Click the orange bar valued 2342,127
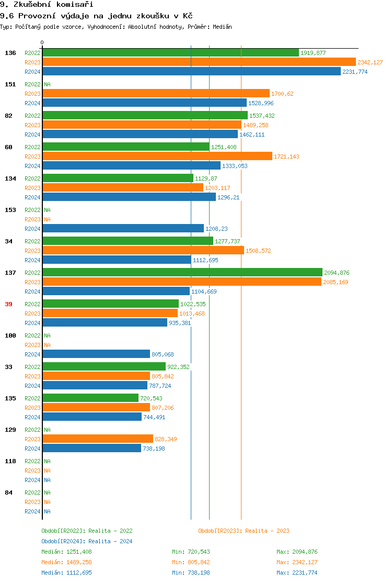[x=199, y=62]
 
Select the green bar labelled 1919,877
[x=170, y=53]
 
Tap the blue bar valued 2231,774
[x=191, y=72]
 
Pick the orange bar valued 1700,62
[x=156, y=94]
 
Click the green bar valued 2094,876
[x=182, y=273]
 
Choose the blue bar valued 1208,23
[x=123, y=229]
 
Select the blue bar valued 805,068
[x=96, y=354]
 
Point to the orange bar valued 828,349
[x=97, y=439]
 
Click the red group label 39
[x=8, y=304]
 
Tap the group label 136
[x=10, y=53]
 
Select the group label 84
[x=8, y=493]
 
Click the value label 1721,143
[x=286, y=156]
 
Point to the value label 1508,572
[x=258, y=251]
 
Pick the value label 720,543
[x=151, y=398]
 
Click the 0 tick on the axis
[x=42, y=42]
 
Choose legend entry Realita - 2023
[x=244, y=531]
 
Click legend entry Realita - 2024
[x=87, y=541]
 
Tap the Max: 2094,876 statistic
[x=297, y=552]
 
